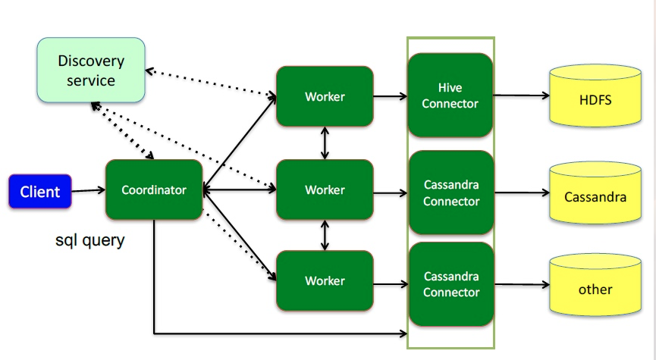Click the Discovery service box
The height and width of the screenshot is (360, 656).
point(91,70)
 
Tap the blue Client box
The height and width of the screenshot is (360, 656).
point(40,192)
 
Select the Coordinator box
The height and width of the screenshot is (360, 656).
point(154,189)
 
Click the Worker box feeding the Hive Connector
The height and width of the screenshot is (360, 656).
point(325,96)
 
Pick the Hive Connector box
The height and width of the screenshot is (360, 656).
point(450,95)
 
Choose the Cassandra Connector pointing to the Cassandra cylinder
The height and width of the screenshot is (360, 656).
point(451,193)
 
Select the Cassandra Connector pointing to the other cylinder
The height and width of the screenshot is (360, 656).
point(451,284)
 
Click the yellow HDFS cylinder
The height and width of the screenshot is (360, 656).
point(595,95)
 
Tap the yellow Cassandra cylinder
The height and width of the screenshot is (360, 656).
point(595,193)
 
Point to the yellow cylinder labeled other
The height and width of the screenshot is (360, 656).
point(595,285)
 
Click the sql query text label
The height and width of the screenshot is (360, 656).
point(90,241)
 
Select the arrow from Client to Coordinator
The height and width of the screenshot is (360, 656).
point(88,191)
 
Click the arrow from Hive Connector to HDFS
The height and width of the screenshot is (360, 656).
point(521,95)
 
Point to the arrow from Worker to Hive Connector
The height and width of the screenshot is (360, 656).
point(391,96)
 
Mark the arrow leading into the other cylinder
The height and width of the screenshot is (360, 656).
point(522,285)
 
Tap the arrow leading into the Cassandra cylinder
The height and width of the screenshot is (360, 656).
point(522,193)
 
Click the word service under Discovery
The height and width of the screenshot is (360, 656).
point(91,80)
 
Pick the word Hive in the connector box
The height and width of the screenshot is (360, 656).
point(450,88)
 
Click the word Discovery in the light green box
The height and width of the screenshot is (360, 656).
point(91,61)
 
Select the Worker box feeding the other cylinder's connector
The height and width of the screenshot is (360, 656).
point(325,280)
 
